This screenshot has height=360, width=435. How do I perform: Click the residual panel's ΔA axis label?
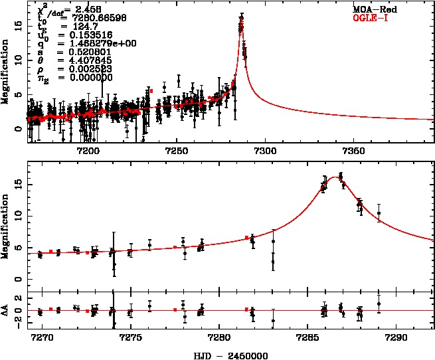6,310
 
